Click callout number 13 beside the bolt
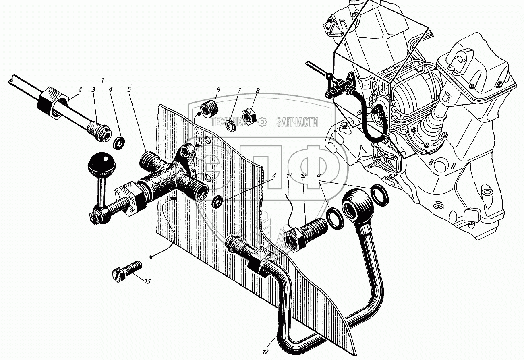click(147, 281)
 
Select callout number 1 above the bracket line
click(103, 81)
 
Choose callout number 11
click(288, 176)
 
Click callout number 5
click(129, 90)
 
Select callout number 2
click(80, 90)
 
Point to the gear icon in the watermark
click(262, 122)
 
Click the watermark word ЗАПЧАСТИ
click(297, 122)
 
